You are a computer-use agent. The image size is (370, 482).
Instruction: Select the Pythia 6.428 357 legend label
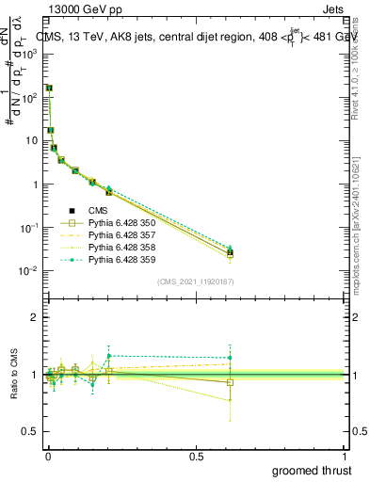pyautogui.click(x=121, y=234)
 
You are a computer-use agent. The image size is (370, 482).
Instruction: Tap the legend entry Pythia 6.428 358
pyautogui.click(x=121, y=247)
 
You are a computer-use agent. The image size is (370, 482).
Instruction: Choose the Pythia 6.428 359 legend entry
pyautogui.click(x=121, y=258)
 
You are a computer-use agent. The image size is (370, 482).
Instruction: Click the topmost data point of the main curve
pyautogui.click(x=48, y=88)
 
